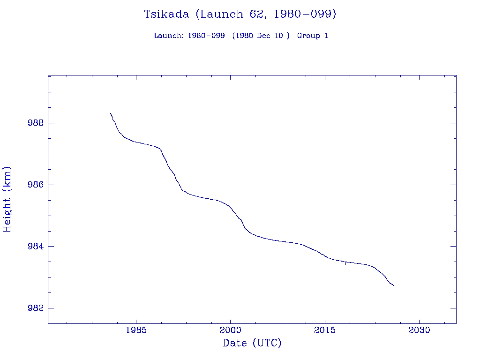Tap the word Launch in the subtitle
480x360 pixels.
168,36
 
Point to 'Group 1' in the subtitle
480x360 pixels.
312,36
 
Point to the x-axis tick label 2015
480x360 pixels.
325,330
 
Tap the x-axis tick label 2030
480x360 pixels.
420,330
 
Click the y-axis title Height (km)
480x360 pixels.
7,199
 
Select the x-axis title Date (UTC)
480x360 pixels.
252,343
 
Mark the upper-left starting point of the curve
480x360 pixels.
111,113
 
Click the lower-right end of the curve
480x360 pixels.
394,285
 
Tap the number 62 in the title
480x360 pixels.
251,14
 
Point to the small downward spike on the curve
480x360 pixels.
346,264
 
